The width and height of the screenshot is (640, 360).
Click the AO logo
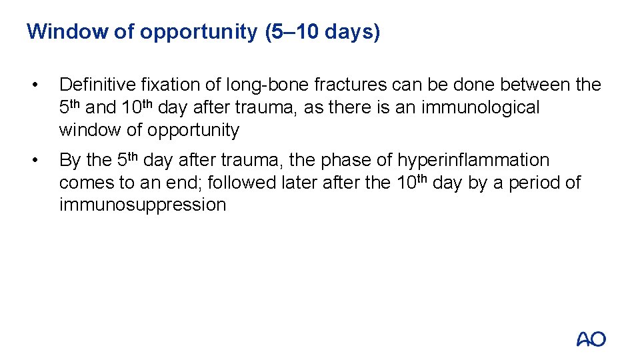[x=591, y=339]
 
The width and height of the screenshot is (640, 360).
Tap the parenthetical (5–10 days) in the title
[x=322, y=31]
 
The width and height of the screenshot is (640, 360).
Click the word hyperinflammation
[x=473, y=161]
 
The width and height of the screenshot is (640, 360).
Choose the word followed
[x=239, y=183]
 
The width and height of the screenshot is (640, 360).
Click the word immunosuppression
[x=143, y=205]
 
